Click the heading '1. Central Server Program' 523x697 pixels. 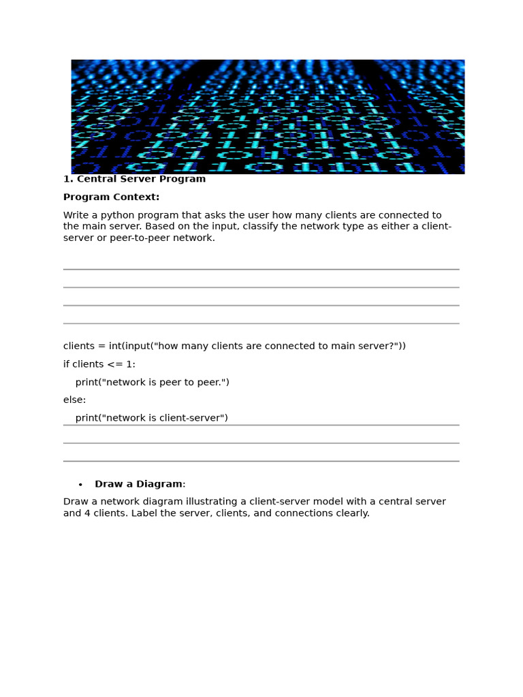(134, 179)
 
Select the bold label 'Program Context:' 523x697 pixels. (111, 197)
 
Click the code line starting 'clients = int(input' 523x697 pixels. (234, 346)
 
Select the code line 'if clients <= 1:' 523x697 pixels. (99, 364)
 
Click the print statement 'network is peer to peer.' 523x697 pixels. (152, 382)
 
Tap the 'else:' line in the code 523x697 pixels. (75, 400)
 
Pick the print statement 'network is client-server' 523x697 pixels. (151, 417)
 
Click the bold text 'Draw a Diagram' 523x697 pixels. (138, 484)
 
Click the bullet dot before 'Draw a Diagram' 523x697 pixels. (80, 485)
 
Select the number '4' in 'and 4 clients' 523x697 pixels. (87, 513)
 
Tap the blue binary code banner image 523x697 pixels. (268, 116)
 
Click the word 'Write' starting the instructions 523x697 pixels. (76, 215)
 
